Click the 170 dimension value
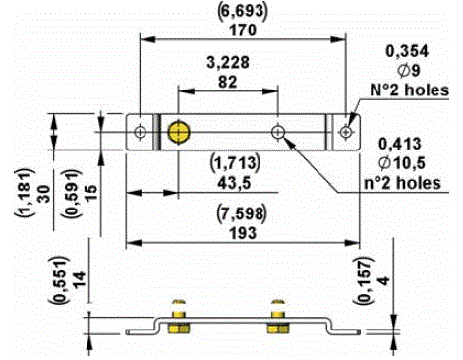point(243,30)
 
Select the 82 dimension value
point(228,82)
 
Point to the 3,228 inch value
point(228,63)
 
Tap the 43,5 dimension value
point(234,183)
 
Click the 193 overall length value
point(243,233)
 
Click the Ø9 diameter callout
point(409,70)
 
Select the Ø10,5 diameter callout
point(402,163)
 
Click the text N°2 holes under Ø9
point(409,90)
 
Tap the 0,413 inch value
point(400,144)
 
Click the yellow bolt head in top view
point(179,133)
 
